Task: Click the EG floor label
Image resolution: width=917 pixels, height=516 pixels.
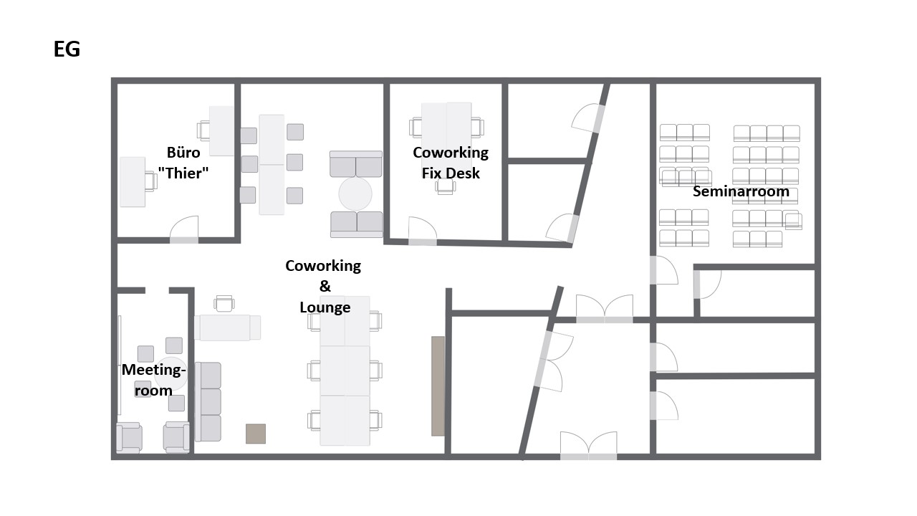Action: [x=67, y=49]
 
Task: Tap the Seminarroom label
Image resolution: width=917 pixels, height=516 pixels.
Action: [x=741, y=191]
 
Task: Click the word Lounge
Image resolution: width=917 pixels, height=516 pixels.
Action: [x=325, y=307]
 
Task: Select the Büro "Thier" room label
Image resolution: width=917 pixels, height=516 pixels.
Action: [x=183, y=163]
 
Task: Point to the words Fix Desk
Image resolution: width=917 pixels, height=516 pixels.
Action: [x=451, y=173]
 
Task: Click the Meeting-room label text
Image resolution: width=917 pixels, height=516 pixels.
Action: [x=153, y=380]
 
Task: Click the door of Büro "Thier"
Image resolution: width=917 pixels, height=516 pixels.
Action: [x=184, y=230]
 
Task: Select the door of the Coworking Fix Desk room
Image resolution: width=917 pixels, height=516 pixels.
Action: [x=423, y=231]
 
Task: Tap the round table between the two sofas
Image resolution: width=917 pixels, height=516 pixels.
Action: [x=355, y=194]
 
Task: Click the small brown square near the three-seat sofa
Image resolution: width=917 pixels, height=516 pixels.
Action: [x=256, y=434]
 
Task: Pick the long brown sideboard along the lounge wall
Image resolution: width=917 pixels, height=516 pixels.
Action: [x=438, y=386]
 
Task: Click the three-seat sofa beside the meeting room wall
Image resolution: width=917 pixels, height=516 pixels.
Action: [x=208, y=402]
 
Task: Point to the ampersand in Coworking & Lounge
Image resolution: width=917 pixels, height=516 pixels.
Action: [x=325, y=286]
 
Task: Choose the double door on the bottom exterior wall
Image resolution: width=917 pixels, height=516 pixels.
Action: [x=589, y=446]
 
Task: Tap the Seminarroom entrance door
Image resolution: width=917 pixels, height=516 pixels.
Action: [x=664, y=270]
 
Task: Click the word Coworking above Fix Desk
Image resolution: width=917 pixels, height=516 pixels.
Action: [x=451, y=153]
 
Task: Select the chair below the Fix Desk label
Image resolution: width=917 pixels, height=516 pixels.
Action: [x=446, y=187]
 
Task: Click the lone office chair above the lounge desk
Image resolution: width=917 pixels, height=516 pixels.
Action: [x=224, y=304]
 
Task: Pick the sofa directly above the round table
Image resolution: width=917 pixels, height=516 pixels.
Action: [x=356, y=164]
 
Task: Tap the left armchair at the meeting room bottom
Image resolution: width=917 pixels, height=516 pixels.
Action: [x=130, y=437]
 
